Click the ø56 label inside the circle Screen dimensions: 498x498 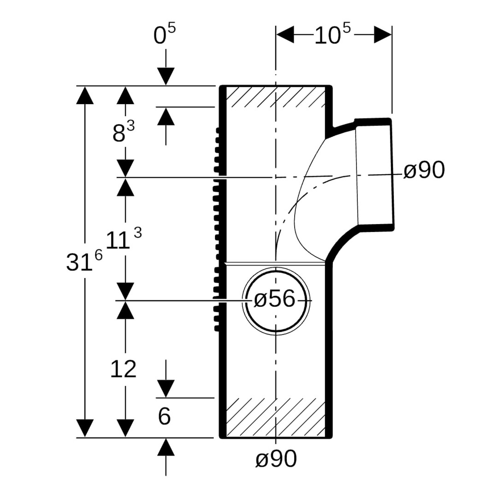point(275,300)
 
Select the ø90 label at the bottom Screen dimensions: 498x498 point(276,459)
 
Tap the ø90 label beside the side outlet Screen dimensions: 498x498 point(424,171)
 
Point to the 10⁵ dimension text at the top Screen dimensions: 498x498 point(332,35)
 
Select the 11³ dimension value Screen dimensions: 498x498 point(123,240)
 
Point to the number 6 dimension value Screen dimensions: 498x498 point(165,417)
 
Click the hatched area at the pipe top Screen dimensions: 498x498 point(275,97)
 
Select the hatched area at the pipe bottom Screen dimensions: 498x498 point(275,417)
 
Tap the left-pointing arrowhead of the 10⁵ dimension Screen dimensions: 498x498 point(285,35)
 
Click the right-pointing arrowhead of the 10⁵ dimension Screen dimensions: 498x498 point(383,35)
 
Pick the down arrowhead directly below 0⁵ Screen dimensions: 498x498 point(166,77)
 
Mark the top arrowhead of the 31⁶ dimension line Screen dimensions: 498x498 point(85,95)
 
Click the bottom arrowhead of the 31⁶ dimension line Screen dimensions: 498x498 point(85,428)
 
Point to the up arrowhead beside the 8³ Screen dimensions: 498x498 point(166,116)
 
